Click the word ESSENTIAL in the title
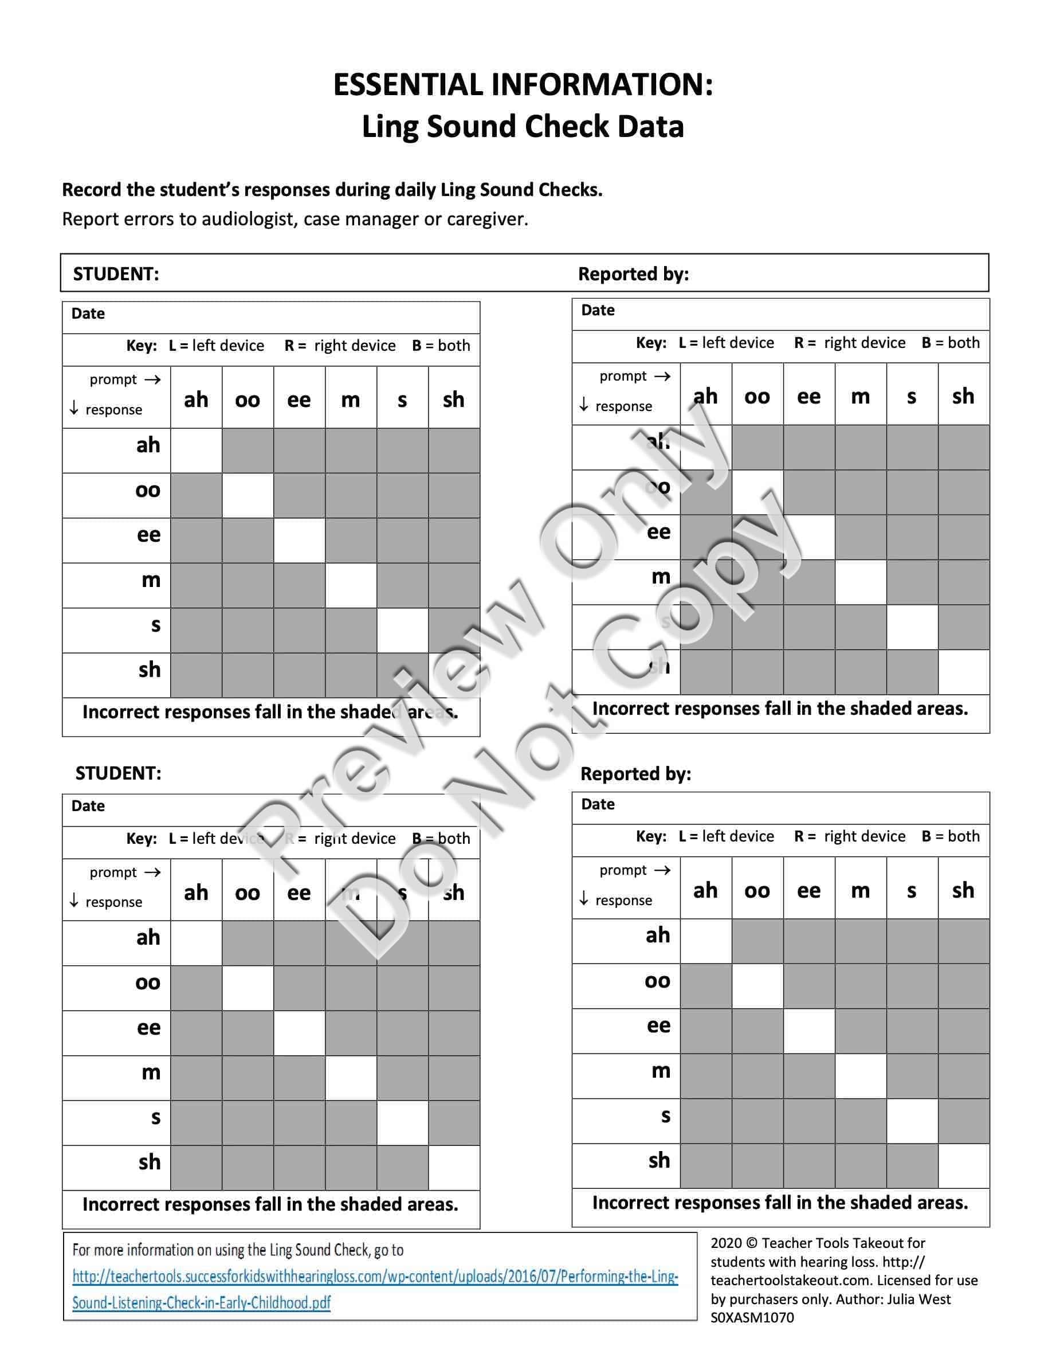click(408, 85)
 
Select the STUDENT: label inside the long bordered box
click(116, 274)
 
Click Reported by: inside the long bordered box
click(633, 274)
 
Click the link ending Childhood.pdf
click(201, 1303)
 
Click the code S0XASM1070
click(752, 1318)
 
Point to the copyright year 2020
click(725, 1243)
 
